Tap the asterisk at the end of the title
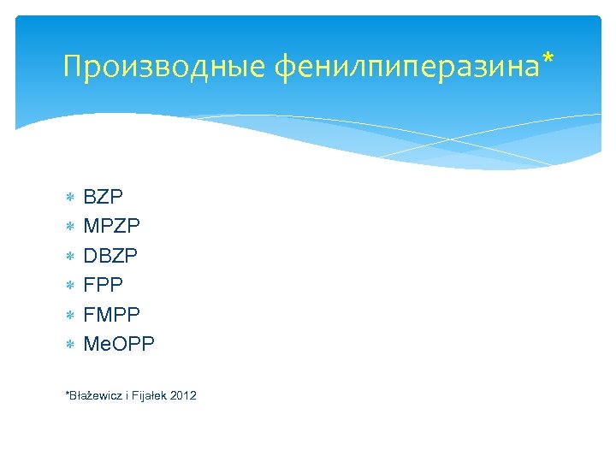pyautogui.click(x=548, y=60)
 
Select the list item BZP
pyautogui.click(x=104, y=197)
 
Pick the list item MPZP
pyautogui.click(x=111, y=227)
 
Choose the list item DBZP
pyautogui.click(x=110, y=256)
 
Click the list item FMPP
pyautogui.click(x=111, y=315)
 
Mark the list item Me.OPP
pyautogui.click(x=119, y=344)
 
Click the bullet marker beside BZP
pyautogui.click(x=70, y=198)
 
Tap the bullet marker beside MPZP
pyautogui.click(x=70, y=227)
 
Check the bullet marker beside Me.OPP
pyautogui.click(x=70, y=345)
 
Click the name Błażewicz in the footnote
pyautogui.click(x=96, y=395)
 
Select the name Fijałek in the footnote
pyautogui.click(x=151, y=395)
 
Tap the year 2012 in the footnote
pyautogui.click(x=184, y=395)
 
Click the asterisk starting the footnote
pyautogui.click(x=67, y=394)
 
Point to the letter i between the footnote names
pyautogui.click(x=127, y=395)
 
